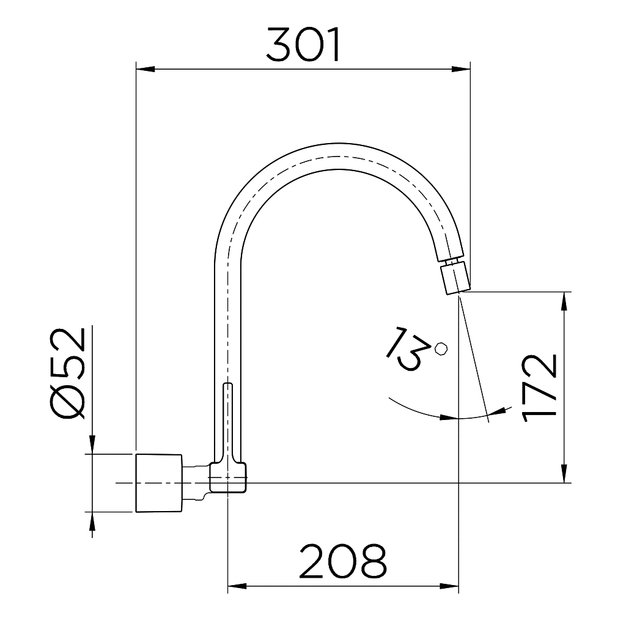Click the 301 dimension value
pyautogui.click(x=303, y=46)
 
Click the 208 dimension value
pyautogui.click(x=343, y=562)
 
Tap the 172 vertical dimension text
pyautogui.click(x=540, y=388)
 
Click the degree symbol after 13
pyautogui.click(x=441, y=348)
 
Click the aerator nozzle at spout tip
pyautogui.click(x=456, y=277)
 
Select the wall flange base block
pyautogui.click(x=158, y=483)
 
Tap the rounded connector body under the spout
pyautogui.click(x=228, y=477)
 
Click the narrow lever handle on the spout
pyautogui.click(x=227, y=422)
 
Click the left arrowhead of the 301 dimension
pyautogui.click(x=142, y=68)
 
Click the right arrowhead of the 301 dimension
pyautogui.click(x=463, y=68)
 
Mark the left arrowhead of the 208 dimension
pyautogui.click(x=235, y=587)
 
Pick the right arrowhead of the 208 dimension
pyautogui.click(x=451, y=587)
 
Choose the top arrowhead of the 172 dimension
pyautogui.click(x=564, y=300)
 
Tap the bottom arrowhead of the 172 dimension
pyautogui.click(x=564, y=475)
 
